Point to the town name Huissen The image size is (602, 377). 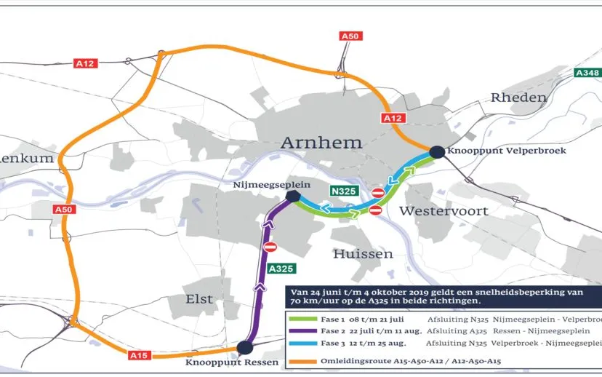point(363,254)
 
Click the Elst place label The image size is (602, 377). point(199,299)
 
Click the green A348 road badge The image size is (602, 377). point(586,73)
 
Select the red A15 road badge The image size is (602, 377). point(140,354)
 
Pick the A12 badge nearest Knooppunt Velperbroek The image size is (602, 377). point(392,118)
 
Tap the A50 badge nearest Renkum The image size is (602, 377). point(63,210)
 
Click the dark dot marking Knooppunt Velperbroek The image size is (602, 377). point(436,151)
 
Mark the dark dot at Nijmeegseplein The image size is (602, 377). point(293,197)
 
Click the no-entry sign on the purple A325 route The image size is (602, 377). point(270,247)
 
